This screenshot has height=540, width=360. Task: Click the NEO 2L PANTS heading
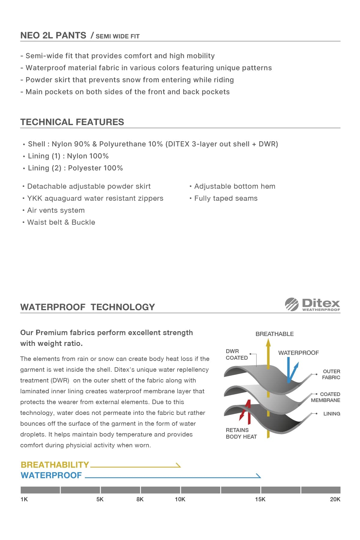[53, 35]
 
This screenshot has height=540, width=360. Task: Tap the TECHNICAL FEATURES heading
[72, 122]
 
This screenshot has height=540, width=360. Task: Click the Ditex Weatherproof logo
[312, 304]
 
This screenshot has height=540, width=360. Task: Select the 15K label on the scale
[260, 499]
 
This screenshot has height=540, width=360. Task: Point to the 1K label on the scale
[24, 499]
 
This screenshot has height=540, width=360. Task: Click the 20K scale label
[335, 499]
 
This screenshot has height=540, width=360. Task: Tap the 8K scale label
[140, 499]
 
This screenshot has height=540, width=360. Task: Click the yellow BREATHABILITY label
[55, 465]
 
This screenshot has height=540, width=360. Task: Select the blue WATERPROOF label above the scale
[51, 475]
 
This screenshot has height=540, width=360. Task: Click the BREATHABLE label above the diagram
[274, 334]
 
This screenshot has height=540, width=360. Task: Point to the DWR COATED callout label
[237, 354]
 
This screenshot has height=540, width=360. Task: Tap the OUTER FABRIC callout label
[331, 374]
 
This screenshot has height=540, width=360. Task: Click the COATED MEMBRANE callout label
[326, 397]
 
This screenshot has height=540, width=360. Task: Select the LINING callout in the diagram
[331, 414]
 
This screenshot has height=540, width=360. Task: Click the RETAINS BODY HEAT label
[241, 433]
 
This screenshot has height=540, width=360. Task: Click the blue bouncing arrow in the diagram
[291, 371]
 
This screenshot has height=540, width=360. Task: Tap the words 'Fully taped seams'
[226, 198]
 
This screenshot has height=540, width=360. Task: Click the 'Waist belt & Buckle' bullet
[61, 222]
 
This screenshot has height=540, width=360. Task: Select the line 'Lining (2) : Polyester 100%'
[75, 168]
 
